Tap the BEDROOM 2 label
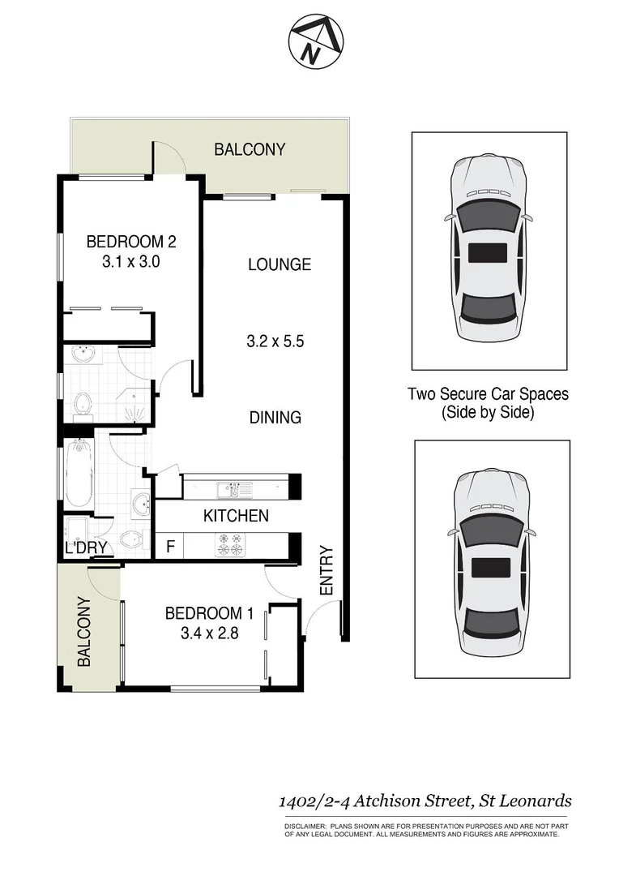pyautogui.click(x=131, y=241)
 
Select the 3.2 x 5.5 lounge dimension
pyautogui.click(x=275, y=341)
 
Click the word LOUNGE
pyautogui.click(x=279, y=264)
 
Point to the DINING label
pyautogui.click(x=275, y=418)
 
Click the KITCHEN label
pyautogui.click(x=236, y=516)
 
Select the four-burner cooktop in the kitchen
pyautogui.click(x=229, y=544)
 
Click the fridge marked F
pyautogui.click(x=170, y=546)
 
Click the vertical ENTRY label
pyautogui.click(x=327, y=571)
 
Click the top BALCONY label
pyautogui.click(x=250, y=149)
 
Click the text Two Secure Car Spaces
pyautogui.click(x=488, y=394)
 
